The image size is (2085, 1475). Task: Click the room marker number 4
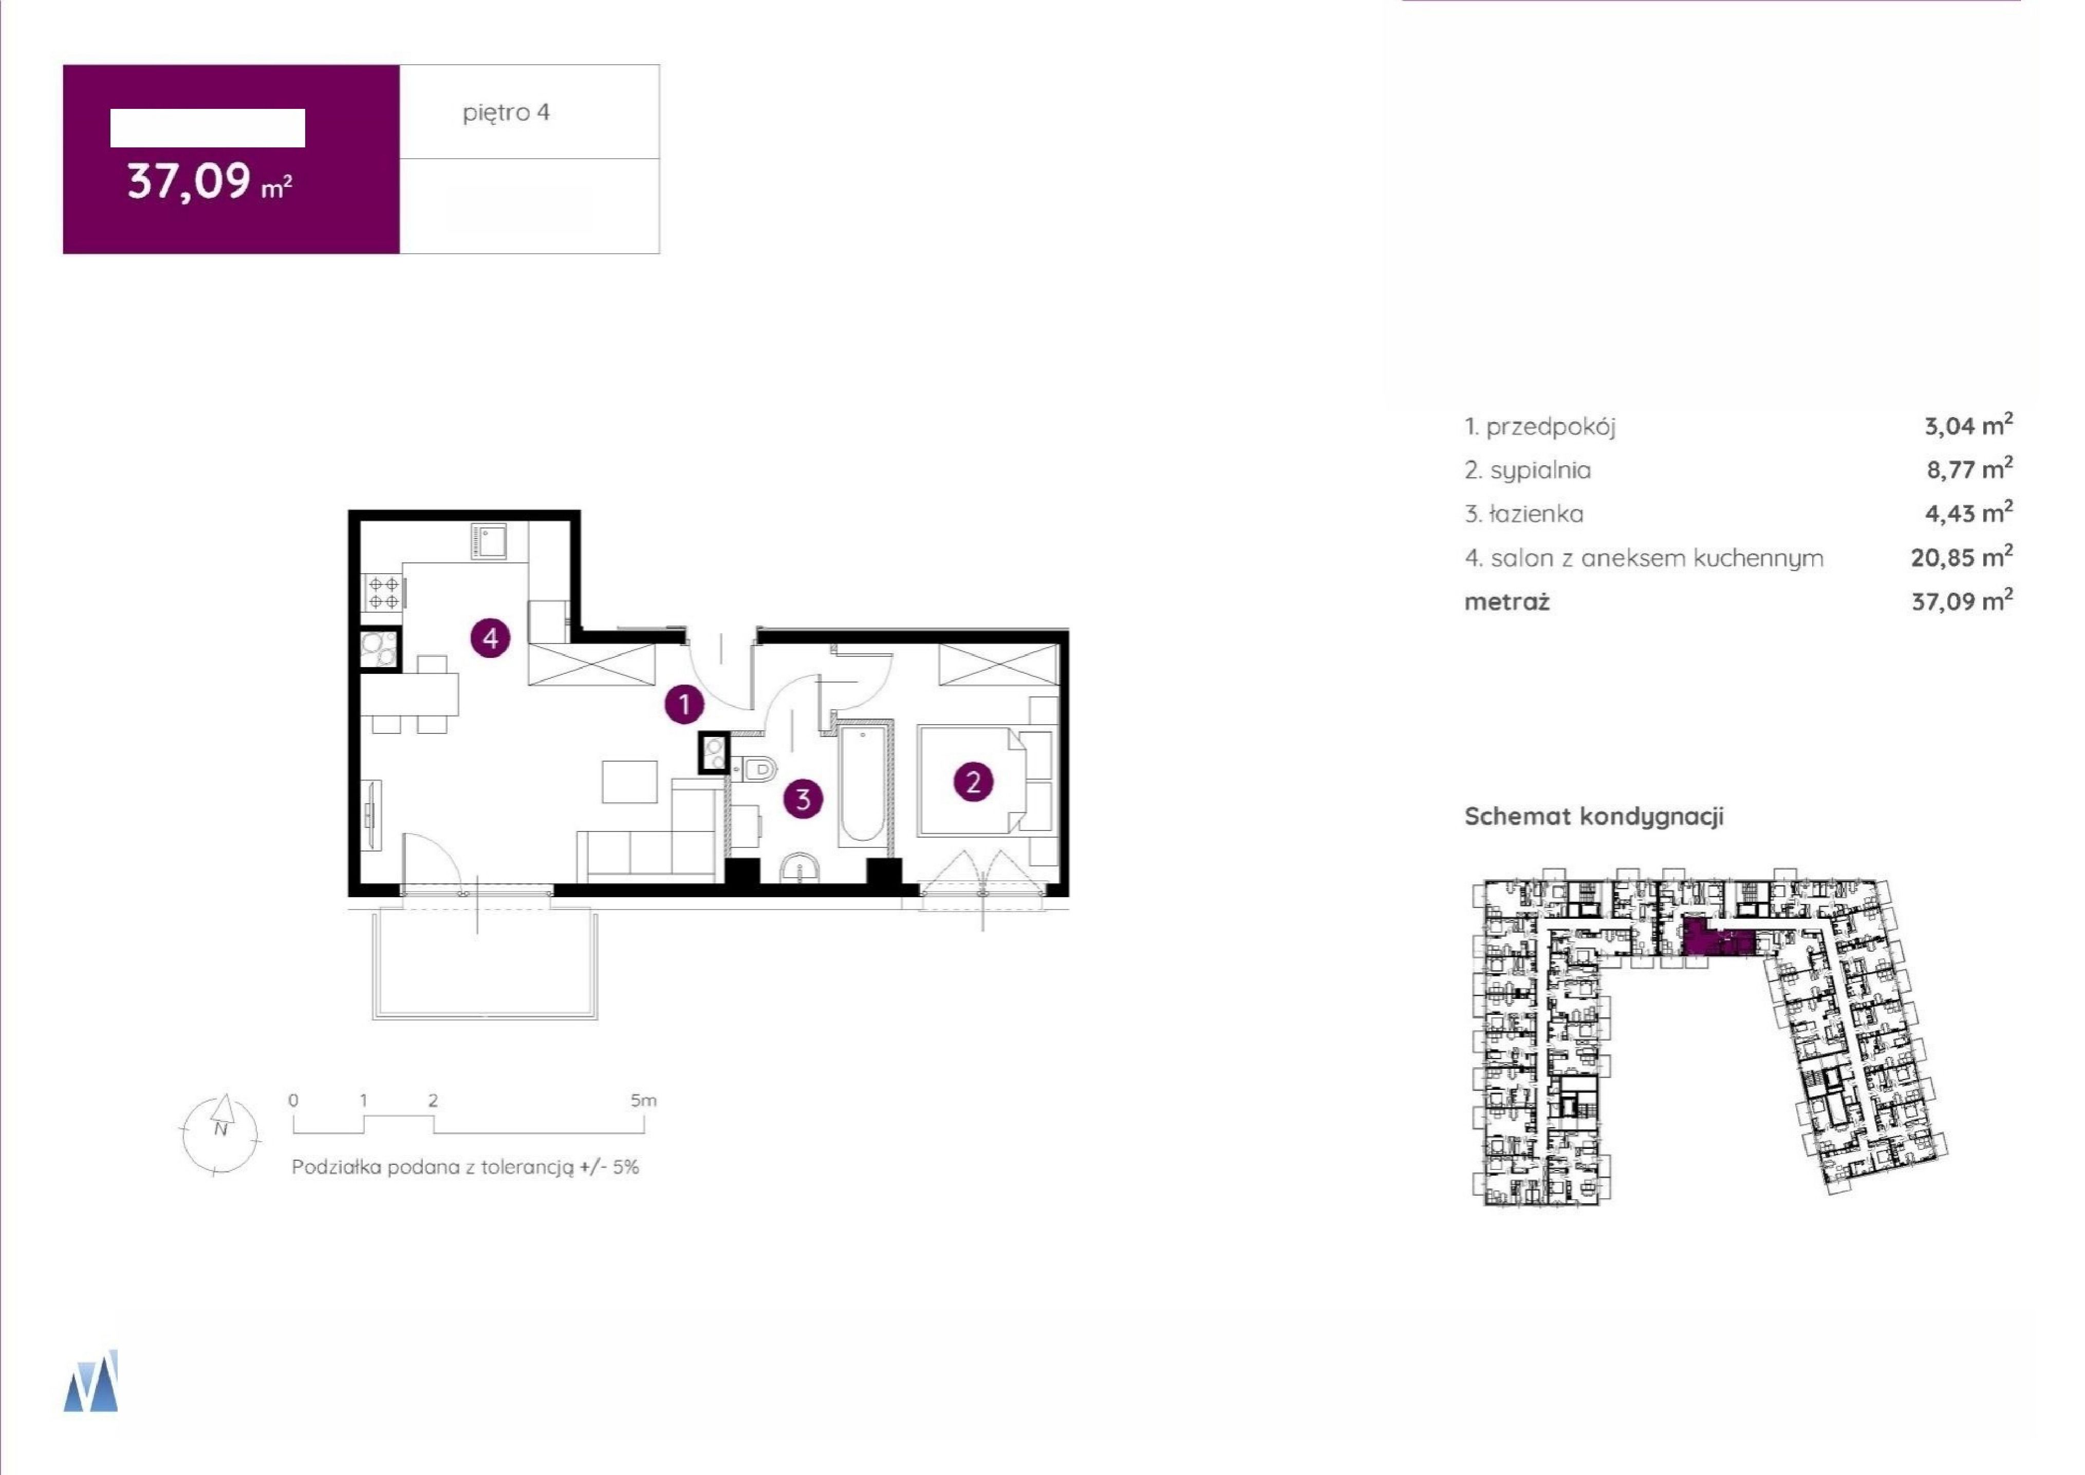tap(491, 638)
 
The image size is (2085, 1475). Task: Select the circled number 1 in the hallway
tap(684, 704)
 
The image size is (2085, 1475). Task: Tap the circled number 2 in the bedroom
tap(973, 782)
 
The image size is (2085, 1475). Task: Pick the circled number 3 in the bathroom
tap(803, 799)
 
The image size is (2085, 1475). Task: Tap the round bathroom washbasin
tap(799, 868)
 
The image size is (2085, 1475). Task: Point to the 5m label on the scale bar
tap(643, 1101)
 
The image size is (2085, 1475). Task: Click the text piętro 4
tap(506, 112)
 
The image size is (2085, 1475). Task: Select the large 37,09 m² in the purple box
tap(209, 182)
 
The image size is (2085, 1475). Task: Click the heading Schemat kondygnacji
tap(1593, 817)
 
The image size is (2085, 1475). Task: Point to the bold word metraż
tap(1506, 601)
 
